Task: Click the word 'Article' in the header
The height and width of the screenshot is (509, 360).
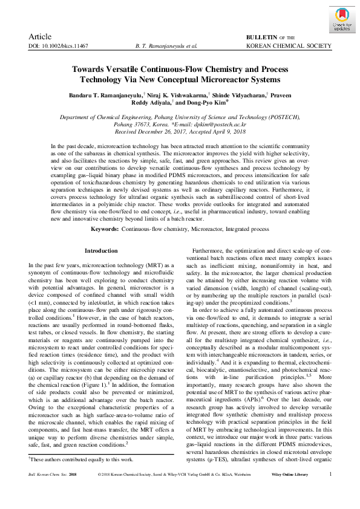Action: tap(40, 37)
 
